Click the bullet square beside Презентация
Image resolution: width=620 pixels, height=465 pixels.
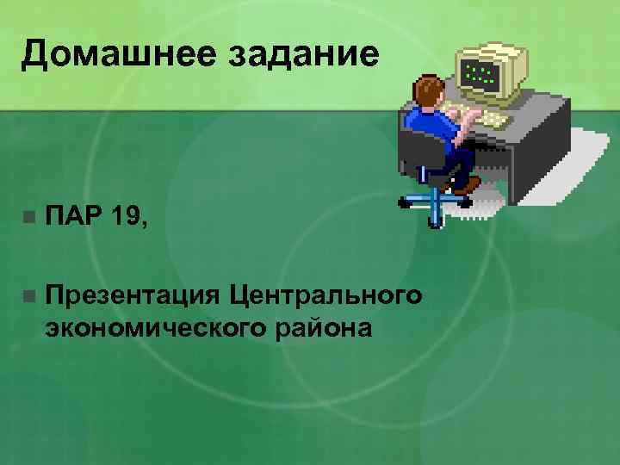coord(28,296)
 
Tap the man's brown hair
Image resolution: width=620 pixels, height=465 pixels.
coord(428,89)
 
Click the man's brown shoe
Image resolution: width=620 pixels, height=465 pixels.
coord(467,183)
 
